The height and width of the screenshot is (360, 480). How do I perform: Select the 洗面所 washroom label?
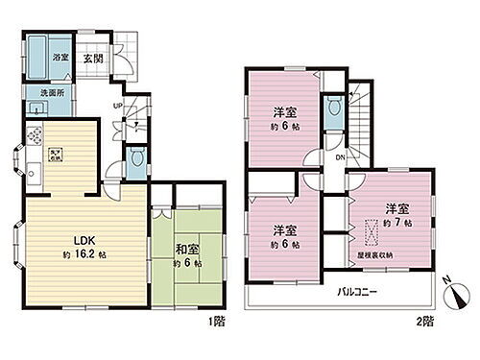coord(51,95)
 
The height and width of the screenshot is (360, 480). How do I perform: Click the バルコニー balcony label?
coord(356,291)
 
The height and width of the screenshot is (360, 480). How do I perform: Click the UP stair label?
coord(117,107)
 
